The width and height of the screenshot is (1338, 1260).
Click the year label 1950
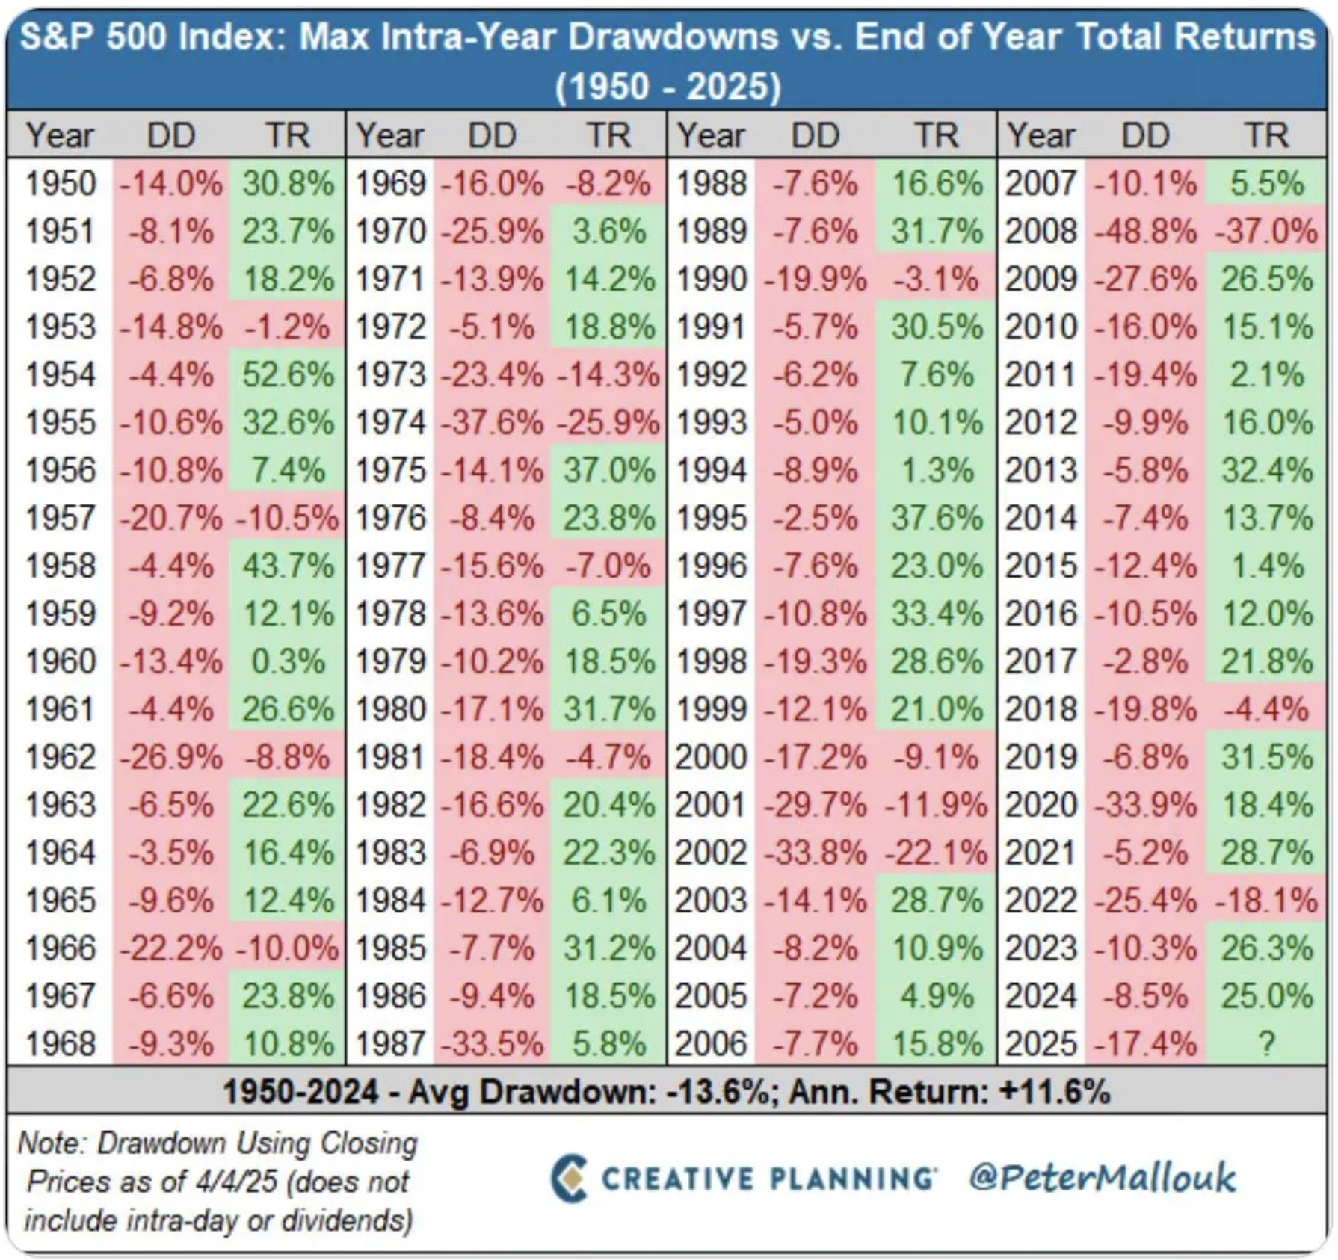point(61,184)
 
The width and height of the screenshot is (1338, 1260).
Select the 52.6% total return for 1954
point(288,374)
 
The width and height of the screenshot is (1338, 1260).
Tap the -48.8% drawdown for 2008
point(1145,232)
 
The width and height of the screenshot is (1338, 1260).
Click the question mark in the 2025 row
point(1266,1043)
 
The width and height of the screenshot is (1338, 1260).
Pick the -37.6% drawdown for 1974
point(492,423)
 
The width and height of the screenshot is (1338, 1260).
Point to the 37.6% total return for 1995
point(937,519)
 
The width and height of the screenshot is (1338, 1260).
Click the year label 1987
point(390,1043)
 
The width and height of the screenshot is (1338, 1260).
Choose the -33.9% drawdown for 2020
point(1145,805)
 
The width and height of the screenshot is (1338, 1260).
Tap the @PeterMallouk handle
point(1103,1179)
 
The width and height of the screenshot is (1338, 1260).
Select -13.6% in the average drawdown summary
point(718,1092)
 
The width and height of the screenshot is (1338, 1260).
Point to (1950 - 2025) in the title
point(668,87)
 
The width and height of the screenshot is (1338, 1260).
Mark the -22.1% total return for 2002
point(937,853)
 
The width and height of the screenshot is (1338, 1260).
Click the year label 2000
point(711,757)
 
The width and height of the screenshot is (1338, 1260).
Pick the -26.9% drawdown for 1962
point(171,757)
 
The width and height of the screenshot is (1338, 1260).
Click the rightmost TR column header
point(1266,136)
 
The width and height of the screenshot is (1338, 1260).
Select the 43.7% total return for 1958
point(288,566)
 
